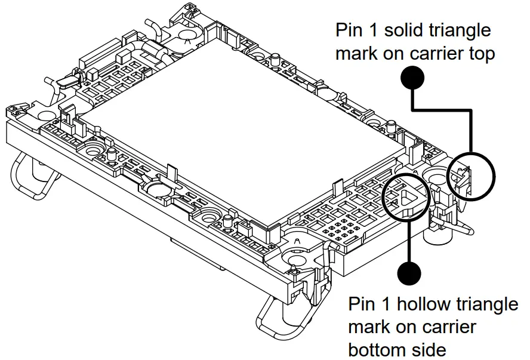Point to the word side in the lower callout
coord(429,348)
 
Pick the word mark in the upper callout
coord(357,54)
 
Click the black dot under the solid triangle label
coord(412,78)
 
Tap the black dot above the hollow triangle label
coord(409,273)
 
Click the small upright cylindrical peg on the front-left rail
coord(112,156)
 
